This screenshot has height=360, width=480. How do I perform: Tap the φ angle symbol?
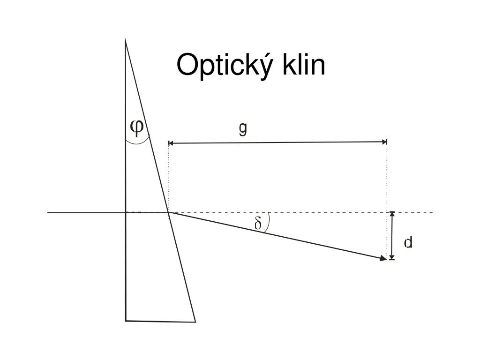[x=137, y=126]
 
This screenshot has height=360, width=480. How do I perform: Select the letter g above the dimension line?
[x=242, y=128]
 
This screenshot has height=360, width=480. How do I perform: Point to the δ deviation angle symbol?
[x=258, y=224]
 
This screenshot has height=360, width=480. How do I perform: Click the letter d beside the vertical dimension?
[x=408, y=242]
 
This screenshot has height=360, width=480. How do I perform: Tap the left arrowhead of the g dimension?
[x=171, y=142]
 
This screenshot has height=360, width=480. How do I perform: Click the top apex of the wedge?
[x=125, y=40]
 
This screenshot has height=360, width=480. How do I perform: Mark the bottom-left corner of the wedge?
[x=126, y=320]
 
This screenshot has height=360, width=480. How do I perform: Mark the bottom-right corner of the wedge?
[x=195, y=322]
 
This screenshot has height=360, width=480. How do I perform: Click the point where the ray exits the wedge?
[x=169, y=213]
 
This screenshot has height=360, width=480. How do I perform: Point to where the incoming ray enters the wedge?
[x=126, y=213]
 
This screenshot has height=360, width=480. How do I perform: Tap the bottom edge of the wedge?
[x=160, y=321]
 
